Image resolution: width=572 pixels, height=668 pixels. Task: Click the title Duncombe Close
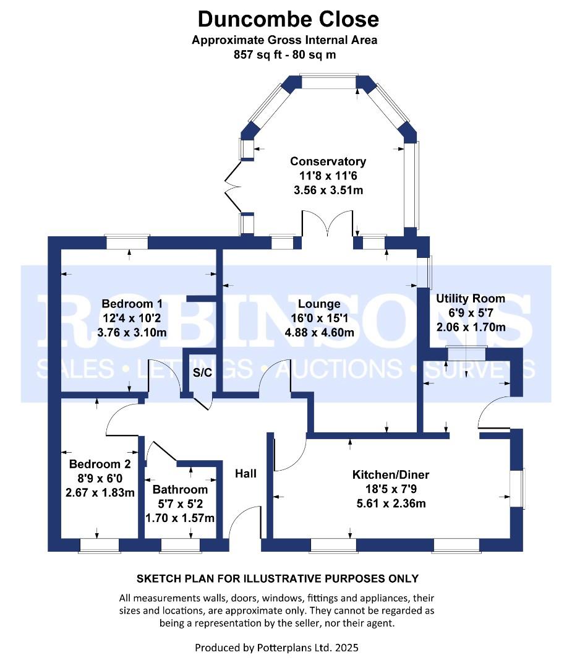click(288, 19)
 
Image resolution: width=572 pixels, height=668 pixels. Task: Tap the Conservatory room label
click(328, 161)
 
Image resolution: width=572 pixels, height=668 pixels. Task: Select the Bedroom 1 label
click(132, 304)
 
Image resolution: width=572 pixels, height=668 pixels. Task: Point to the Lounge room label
click(318, 304)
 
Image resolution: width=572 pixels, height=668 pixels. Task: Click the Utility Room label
click(470, 299)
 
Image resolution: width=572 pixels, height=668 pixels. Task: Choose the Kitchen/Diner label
click(390, 475)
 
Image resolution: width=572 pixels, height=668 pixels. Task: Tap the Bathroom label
click(180, 490)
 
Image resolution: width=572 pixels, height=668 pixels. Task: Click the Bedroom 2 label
click(100, 465)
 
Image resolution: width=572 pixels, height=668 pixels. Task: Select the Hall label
click(245, 474)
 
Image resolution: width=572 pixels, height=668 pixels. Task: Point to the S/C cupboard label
click(202, 372)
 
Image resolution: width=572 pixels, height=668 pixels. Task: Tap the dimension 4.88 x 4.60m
click(318, 332)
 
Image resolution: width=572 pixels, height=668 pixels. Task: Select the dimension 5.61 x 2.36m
click(390, 503)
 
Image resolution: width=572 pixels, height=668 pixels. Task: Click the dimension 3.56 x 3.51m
click(328, 190)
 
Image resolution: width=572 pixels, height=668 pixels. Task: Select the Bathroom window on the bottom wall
click(180, 545)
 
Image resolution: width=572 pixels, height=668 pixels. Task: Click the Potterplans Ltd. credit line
click(276, 648)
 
